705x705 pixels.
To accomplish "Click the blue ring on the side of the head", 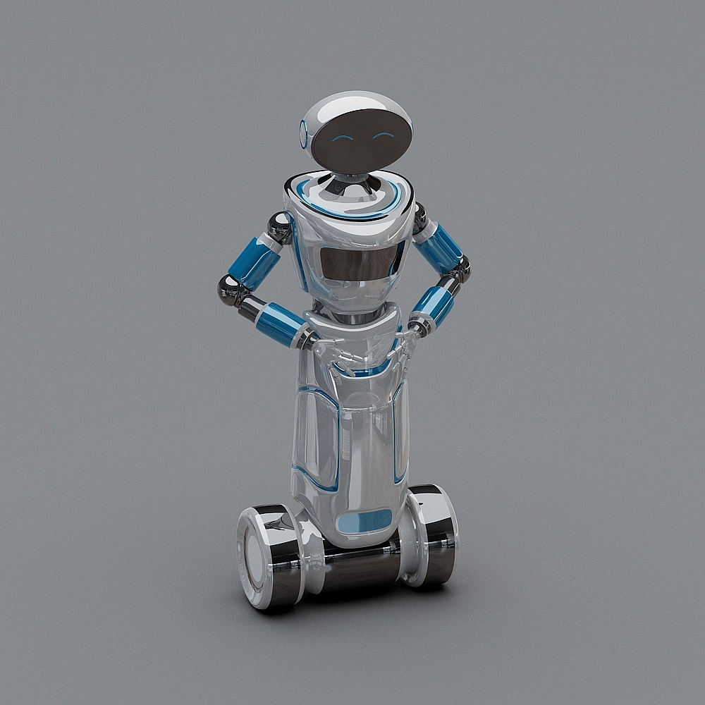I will tap(304, 133).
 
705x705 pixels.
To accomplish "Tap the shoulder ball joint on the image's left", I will tap(280, 227).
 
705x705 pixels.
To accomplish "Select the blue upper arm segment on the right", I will tap(438, 246).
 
